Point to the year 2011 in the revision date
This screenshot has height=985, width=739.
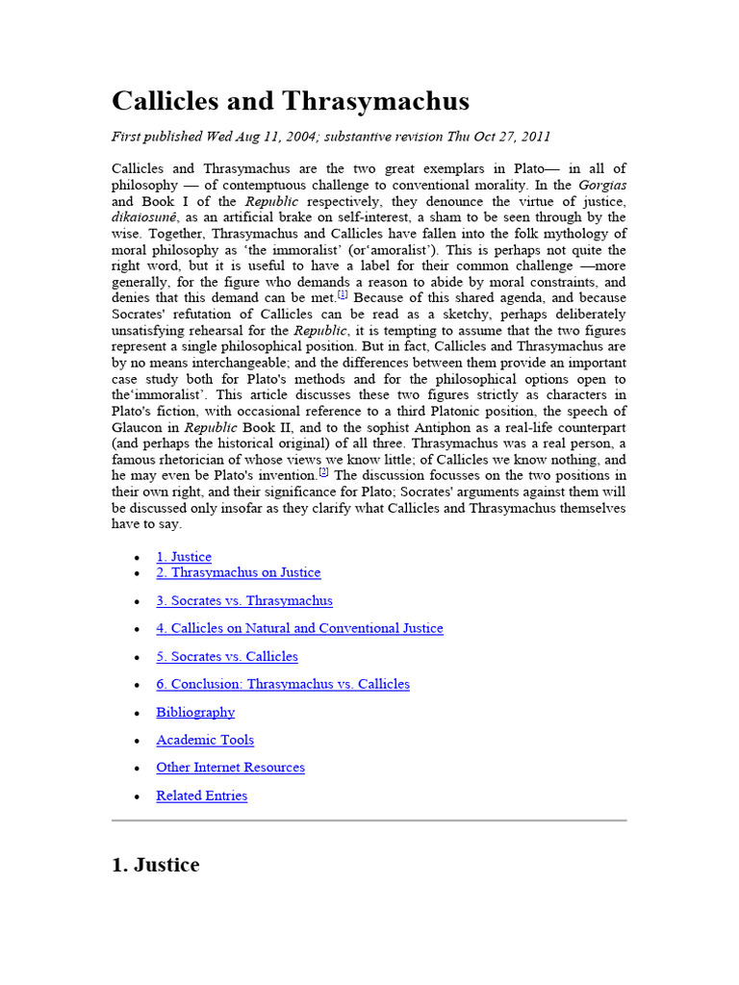point(534,137)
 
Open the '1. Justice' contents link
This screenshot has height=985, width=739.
point(184,557)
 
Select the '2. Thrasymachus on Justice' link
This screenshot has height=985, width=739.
point(239,572)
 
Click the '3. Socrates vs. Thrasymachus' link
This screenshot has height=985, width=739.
point(244,600)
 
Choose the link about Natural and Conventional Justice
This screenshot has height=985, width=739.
point(299,628)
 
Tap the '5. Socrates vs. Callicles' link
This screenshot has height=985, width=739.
point(227,656)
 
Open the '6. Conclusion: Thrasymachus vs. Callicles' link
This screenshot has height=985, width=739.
point(283,684)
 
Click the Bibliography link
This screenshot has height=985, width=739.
point(195,712)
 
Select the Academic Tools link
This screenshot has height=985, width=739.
point(205,740)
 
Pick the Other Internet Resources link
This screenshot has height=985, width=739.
point(230,768)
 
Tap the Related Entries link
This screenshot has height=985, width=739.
point(201,796)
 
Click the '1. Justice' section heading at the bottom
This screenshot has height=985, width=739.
point(156,865)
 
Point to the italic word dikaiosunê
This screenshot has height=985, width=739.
point(145,217)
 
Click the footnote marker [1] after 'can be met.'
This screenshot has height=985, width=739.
point(343,295)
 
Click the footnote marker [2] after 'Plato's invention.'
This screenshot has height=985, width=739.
point(324,472)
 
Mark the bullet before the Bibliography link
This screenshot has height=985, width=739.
point(137,714)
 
